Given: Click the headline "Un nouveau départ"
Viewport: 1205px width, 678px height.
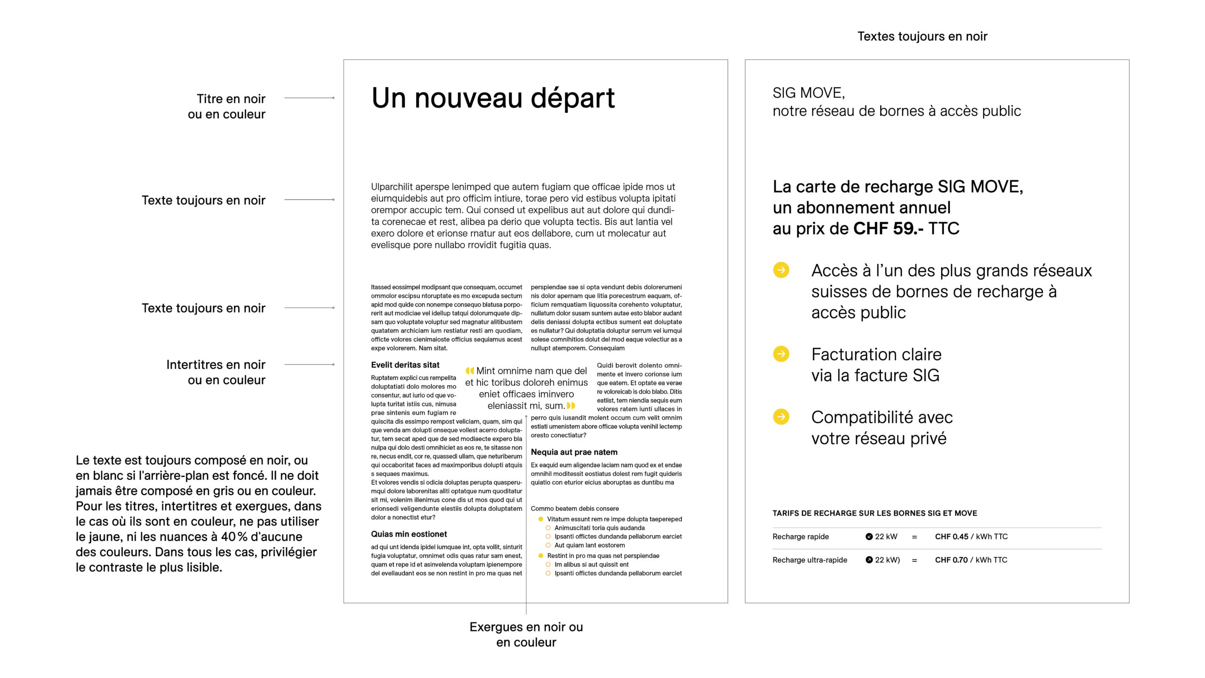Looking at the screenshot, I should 493,98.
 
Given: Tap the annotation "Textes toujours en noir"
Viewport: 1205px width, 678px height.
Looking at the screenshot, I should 922,36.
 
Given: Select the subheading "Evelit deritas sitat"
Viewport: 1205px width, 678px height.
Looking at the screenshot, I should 405,365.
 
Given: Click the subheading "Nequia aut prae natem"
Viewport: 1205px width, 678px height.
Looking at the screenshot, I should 574,452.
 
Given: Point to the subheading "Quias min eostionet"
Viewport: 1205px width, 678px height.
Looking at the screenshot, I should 409,534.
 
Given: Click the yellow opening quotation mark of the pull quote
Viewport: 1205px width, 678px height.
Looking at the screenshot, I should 470,371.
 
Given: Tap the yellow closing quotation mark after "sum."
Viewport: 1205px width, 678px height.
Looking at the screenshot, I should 571,405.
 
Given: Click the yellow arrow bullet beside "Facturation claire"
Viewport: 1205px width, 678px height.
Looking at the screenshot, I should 781,354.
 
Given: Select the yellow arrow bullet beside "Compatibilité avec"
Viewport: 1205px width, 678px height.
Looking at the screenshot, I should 781,417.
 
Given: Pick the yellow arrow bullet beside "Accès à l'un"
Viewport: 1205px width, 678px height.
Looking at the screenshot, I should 781,270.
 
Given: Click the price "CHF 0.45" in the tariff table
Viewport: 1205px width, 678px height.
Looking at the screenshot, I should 951,536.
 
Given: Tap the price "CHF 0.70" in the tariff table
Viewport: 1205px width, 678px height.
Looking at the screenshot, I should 951,560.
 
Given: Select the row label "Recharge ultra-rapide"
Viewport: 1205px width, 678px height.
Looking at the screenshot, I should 810,560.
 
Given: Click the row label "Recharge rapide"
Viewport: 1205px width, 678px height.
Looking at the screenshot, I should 800,536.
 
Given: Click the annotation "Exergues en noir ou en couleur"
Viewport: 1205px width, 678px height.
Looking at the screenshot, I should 526,634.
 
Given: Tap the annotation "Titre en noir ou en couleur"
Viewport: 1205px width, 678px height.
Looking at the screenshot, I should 226,106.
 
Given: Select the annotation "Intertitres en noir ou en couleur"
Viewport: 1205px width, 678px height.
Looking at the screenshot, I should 216,372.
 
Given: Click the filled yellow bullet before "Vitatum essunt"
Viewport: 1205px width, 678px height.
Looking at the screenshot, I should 541,519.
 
